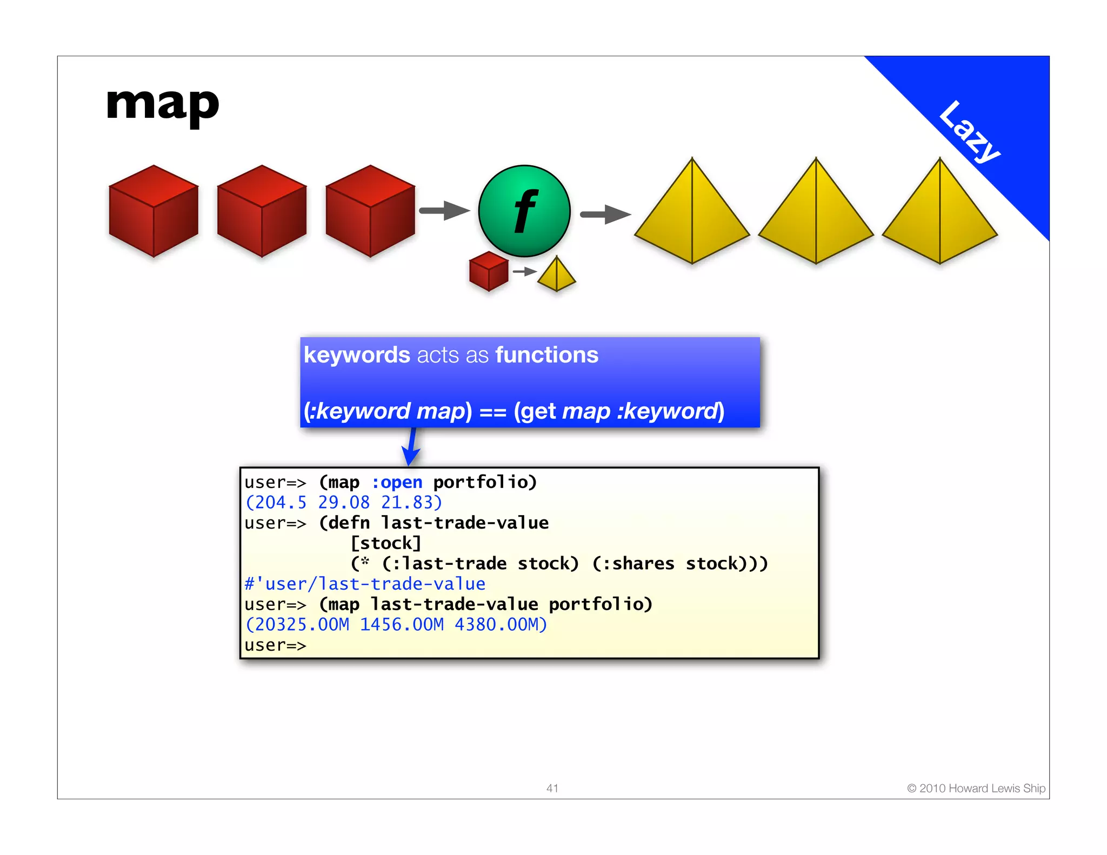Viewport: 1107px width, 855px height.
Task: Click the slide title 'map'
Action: click(x=163, y=105)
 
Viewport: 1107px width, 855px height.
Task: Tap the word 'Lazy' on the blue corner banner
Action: click(x=969, y=131)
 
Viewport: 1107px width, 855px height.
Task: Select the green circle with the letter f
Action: click(x=524, y=211)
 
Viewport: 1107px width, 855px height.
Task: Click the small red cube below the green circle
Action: click(x=489, y=271)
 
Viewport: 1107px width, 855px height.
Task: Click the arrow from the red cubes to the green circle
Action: click(x=444, y=211)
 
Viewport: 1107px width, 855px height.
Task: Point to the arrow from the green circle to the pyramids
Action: click(x=605, y=215)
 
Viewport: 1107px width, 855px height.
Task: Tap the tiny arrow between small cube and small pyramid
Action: click(x=524, y=271)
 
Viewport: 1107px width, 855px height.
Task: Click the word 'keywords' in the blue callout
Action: click(x=357, y=355)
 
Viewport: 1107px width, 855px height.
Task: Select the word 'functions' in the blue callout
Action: click(x=546, y=355)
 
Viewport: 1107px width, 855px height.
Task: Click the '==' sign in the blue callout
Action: click(x=492, y=412)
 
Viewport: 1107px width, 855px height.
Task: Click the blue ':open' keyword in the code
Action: click(x=397, y=482)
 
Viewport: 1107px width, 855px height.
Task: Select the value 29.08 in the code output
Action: click(x=344, y=503)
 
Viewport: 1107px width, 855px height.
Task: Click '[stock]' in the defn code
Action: click(x=386, y=543)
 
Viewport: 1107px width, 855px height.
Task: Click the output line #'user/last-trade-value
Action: click(x=365, y=584)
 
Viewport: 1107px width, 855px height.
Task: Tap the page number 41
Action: click(x=552, y=789)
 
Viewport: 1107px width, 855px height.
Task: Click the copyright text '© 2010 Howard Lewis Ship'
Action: click(x=976, y=789)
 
